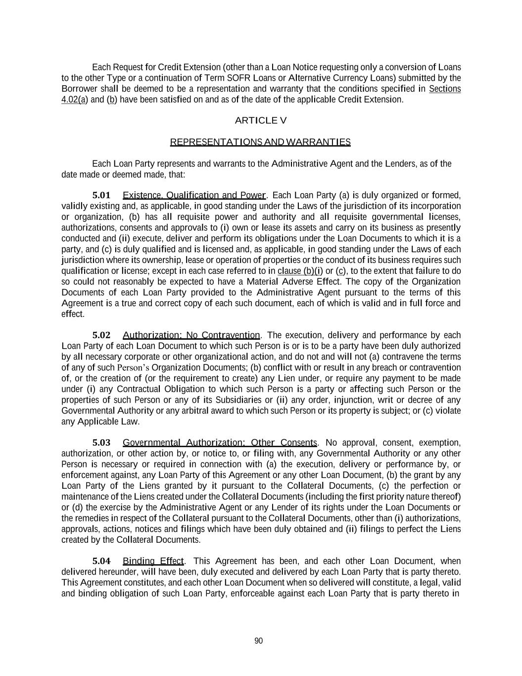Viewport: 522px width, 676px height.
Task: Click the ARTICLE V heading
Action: [260, 120]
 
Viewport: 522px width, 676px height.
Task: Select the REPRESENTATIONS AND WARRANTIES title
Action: [260, 142]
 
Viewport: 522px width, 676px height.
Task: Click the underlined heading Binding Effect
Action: [153, 561]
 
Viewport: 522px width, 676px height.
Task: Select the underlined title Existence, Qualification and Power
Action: [194, 195]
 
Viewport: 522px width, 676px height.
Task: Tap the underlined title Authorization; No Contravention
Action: [191, 335]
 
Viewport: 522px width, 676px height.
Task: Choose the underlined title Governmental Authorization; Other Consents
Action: [220, 442]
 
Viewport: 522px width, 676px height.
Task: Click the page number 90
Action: [259, 641]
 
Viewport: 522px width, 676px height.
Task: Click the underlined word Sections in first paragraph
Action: [445, 89]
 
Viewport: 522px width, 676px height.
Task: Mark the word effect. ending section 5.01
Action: [73, 314]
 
